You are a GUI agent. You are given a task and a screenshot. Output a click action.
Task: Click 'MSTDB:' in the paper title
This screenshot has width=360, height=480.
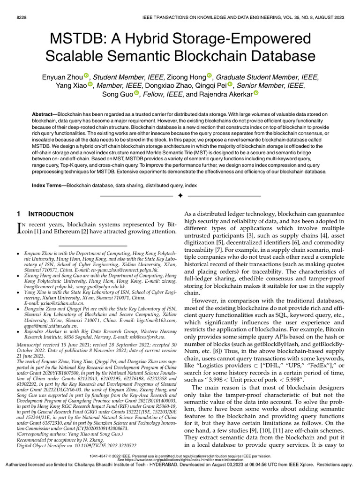click(x=75, y=37)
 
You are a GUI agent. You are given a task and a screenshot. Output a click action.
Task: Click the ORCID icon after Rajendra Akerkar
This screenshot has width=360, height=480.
click(x=256, y=94)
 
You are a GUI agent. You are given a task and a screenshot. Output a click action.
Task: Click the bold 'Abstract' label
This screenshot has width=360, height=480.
click(x=45, y=114)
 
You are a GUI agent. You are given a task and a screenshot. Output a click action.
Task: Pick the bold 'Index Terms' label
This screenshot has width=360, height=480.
click(x=48, y=186)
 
